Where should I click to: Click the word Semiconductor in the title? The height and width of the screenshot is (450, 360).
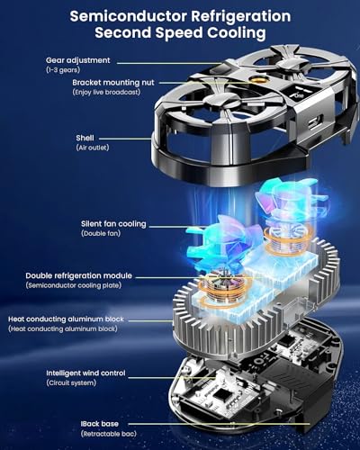coord(128,16)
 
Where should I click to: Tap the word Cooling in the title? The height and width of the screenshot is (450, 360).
coord(237,32)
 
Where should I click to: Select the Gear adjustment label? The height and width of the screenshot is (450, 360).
coord(78,60)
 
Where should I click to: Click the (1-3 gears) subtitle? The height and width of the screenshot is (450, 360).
coord(63,70)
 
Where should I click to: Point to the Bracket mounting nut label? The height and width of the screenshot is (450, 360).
coord(113,83)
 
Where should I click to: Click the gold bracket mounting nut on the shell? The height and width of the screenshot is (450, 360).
coord(256,80)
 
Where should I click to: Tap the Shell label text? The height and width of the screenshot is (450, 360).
coord(85,138)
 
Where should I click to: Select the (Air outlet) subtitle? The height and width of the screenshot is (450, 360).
coord(93,148)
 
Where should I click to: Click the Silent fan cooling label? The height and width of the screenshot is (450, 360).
coord(113,224)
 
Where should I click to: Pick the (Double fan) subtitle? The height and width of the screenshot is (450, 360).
coord(101,233)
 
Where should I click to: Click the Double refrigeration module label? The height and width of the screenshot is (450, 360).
coord(78,275)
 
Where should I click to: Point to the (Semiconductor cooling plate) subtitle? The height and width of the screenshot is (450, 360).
coord(74,285)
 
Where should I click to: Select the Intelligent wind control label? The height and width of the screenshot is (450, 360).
coord(85,373)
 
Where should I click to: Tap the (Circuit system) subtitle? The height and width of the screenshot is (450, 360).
coord(71,383)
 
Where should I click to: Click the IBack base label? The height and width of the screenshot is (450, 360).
coord(100,424)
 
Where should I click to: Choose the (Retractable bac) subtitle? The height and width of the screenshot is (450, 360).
coord(108,434)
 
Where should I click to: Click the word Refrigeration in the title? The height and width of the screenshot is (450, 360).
coord(241,16)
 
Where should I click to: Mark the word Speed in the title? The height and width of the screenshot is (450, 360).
coord(179,32)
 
